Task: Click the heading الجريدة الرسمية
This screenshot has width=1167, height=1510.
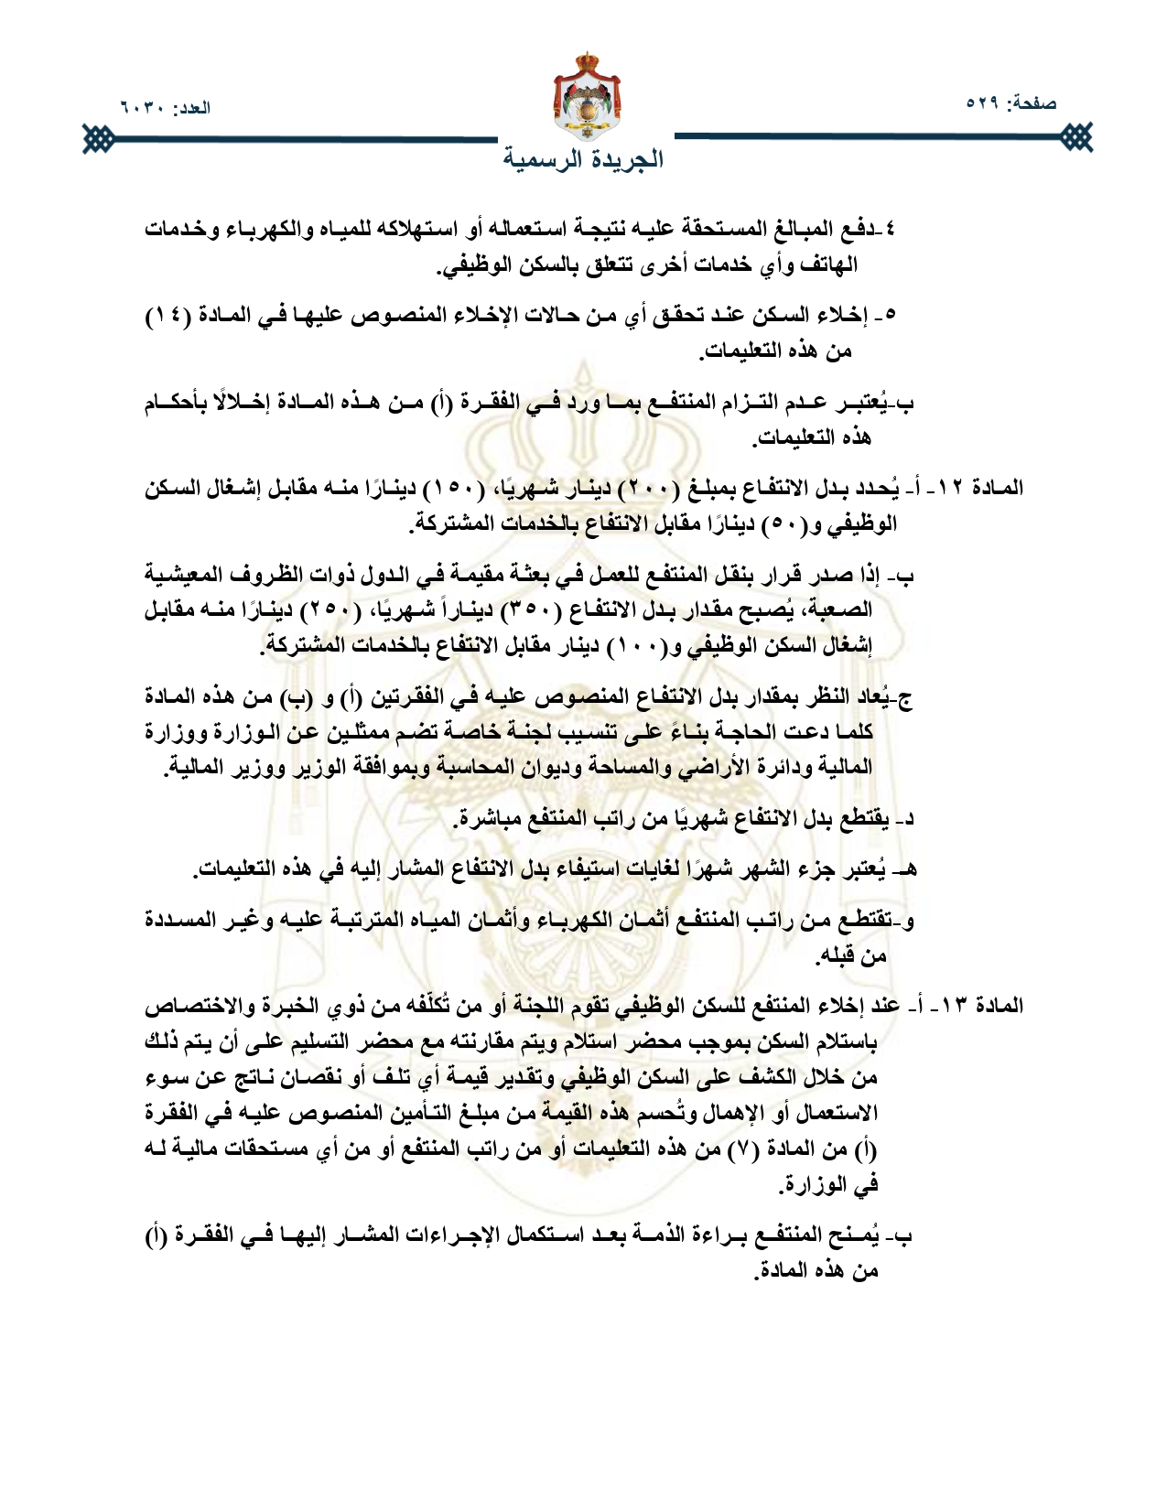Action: (x=583, y=158)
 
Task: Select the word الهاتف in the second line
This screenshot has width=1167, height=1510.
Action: (x=830, y=265)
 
